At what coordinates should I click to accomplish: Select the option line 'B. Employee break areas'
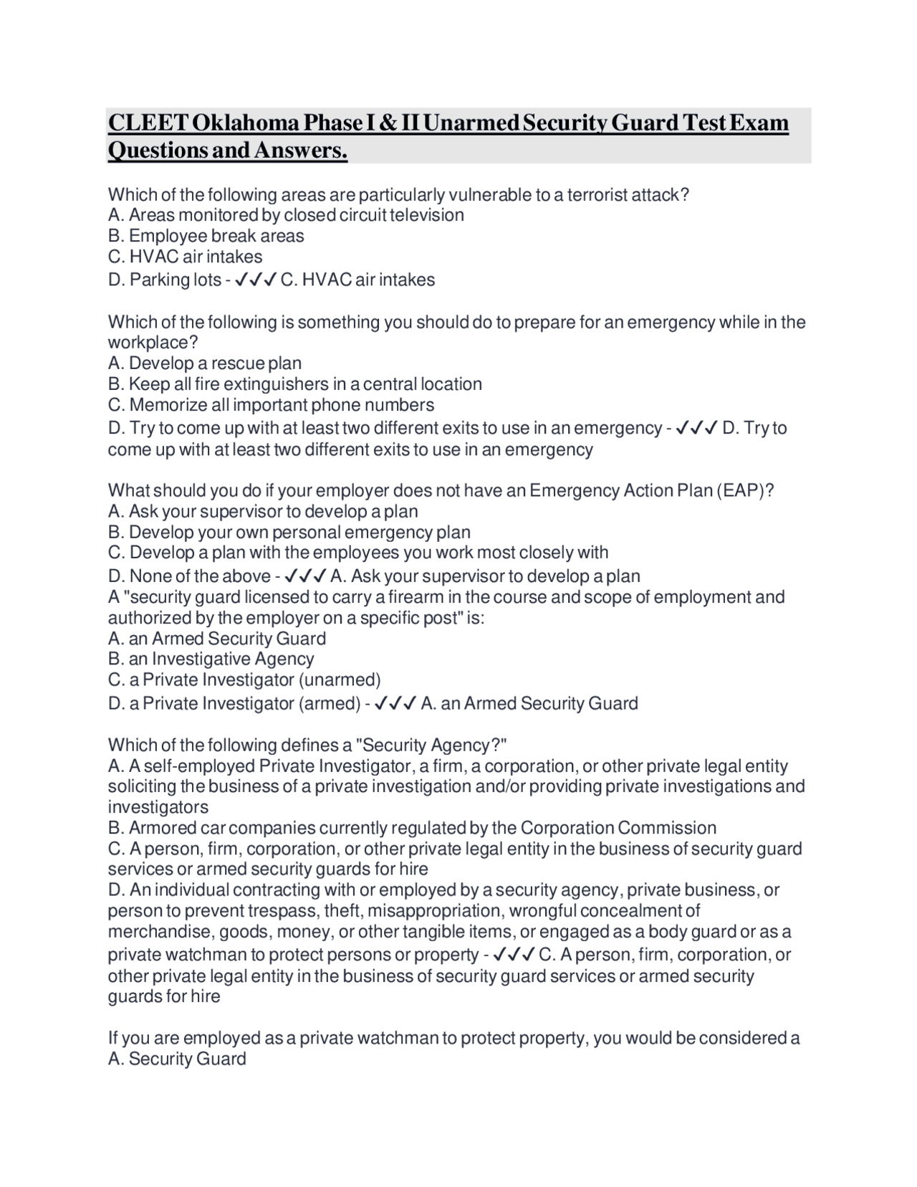pos(206,236)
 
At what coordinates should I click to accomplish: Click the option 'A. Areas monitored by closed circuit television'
pos(286,215)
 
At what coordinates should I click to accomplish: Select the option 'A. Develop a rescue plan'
pos(205,363)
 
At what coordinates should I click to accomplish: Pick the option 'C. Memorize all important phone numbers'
pos(271,405)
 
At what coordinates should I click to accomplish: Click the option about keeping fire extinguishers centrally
pos(294,384)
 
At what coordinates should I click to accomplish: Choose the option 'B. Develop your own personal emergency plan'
pos(289,532)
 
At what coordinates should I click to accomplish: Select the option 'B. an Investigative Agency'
pos(211,659)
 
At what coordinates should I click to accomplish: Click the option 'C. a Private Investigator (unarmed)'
pos(244,680)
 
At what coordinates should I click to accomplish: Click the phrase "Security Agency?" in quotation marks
pos(436,745)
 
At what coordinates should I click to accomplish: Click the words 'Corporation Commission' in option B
pos(618,828)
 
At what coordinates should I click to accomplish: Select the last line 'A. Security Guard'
pos(177,1059)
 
